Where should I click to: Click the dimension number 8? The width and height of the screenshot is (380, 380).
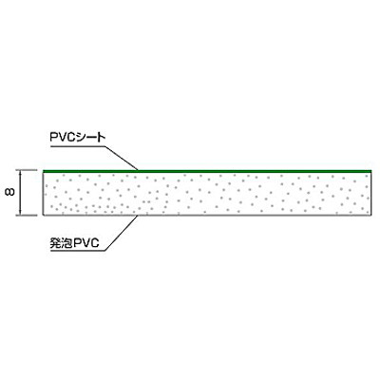tap(10, 192)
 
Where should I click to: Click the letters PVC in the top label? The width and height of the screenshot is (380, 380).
tap(62, 138)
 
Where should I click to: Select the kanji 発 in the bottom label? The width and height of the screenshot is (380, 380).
tap(55, 243)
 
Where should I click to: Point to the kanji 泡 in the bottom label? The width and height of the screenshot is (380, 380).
tap(66, 243)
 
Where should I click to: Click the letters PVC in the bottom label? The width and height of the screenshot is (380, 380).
tap(86, 243)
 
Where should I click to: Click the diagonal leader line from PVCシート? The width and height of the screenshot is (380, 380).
tap(122, 158)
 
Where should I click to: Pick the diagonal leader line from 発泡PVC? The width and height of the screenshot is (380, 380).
tap(122, 233)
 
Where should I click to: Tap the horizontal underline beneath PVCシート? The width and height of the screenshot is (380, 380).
tap(78, 146)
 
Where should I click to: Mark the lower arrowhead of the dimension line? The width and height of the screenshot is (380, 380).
tap(21, 213)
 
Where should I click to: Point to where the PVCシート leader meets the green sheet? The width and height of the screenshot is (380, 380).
tap(138, 171)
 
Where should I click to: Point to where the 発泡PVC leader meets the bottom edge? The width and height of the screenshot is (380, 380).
tap(138, 216)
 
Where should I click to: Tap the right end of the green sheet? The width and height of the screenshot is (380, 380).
tap(370, 171)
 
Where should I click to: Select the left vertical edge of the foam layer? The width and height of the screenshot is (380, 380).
tap(43, 194)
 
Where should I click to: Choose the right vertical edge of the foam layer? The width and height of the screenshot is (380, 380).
tap(370, 194)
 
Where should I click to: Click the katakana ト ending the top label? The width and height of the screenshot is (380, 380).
tap(101, 138)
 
